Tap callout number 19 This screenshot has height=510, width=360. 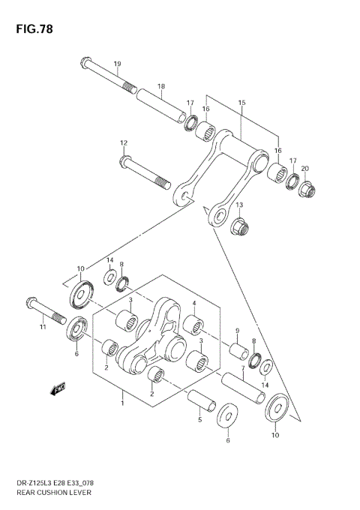click(117, 64)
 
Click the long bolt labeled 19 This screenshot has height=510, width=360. click(106, 74)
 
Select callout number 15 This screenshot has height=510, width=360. click(241, 102)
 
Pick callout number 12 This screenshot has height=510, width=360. click(124, 142)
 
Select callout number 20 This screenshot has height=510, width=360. click(304, 169)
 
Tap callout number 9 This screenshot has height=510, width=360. click(237, 331)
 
